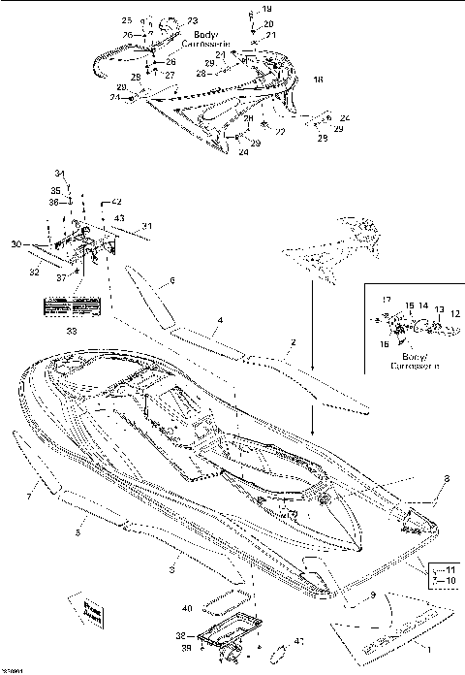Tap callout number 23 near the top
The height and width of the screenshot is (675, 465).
tap(192, 20)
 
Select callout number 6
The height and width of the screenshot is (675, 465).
tap(171, 280)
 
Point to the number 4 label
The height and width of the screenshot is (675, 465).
tap(220, 319)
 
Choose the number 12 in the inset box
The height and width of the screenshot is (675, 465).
tap(456, 313)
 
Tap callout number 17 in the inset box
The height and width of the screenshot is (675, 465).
tap(384, 300)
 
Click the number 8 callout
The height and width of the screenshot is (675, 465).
tap(446, 478)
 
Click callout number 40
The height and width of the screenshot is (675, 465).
tap(186, 608)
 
